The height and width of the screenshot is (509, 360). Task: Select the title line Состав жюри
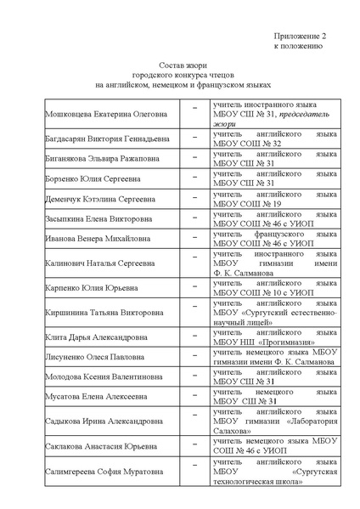(x=183, y=65)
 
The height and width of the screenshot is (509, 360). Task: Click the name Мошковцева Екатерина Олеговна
(x=106, y=112)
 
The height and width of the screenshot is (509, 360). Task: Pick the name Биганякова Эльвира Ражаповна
(x=101, y=159)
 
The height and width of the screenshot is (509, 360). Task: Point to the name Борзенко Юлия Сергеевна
(x=91, y=179)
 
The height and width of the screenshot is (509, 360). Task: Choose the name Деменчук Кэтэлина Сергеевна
(x=99, y=200)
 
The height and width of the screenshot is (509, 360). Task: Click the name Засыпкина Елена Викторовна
(x=98, y=219)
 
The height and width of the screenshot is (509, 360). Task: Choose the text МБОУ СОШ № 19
(x=248, y=204)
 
